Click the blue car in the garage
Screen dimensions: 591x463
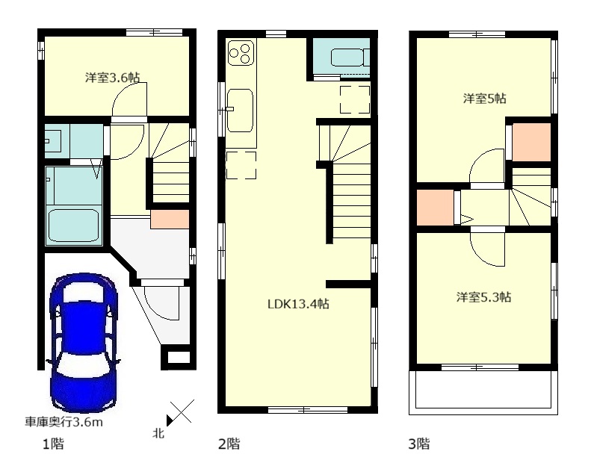pos(84,344)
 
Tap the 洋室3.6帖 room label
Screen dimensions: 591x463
pos(112,78)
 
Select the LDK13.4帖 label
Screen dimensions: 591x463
pos(298,304)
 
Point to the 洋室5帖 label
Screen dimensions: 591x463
pos(484,99)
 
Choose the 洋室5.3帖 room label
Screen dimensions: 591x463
pos(483,297)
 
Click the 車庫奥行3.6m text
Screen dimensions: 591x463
pos(64,422)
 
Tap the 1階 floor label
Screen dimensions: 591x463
pos(53,444)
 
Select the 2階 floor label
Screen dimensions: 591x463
pos(229,444)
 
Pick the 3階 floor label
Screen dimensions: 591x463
pos(418,444)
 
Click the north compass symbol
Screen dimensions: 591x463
pos(180,412)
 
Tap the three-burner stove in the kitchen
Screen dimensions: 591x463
pos(241,53)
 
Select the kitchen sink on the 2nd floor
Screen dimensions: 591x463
pos(240,111)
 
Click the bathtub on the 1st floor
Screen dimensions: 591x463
pos(74,226)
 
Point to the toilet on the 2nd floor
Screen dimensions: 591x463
pos(350,58)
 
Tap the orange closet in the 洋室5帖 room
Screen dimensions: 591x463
pos(531,143)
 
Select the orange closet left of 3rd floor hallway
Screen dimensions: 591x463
pos(435,208)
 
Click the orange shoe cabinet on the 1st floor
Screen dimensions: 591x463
pos(170,220)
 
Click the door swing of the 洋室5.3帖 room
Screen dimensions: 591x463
pos(487,249)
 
